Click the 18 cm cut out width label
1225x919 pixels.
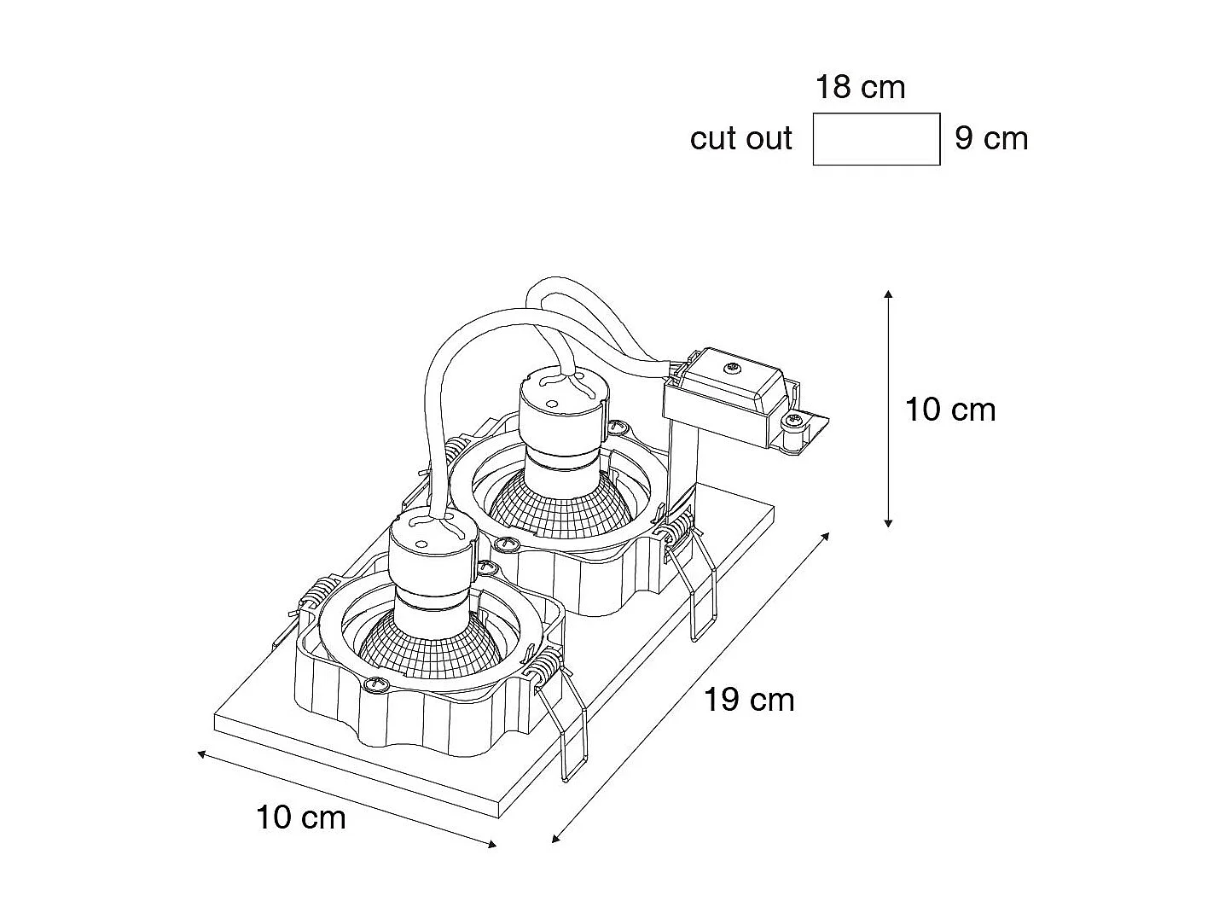860,87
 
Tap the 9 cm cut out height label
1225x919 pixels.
990,138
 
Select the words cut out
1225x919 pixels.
740,138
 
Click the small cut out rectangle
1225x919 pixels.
876,138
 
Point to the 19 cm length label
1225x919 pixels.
749,701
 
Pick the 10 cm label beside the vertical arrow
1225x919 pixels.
949,410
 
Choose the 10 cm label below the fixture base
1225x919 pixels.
301,818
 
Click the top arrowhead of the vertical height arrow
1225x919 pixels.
888,294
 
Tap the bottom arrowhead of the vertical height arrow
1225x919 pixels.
888,523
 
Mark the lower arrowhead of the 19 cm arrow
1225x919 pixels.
555,840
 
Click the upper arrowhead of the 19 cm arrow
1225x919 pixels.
826,535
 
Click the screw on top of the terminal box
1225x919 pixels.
732,369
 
